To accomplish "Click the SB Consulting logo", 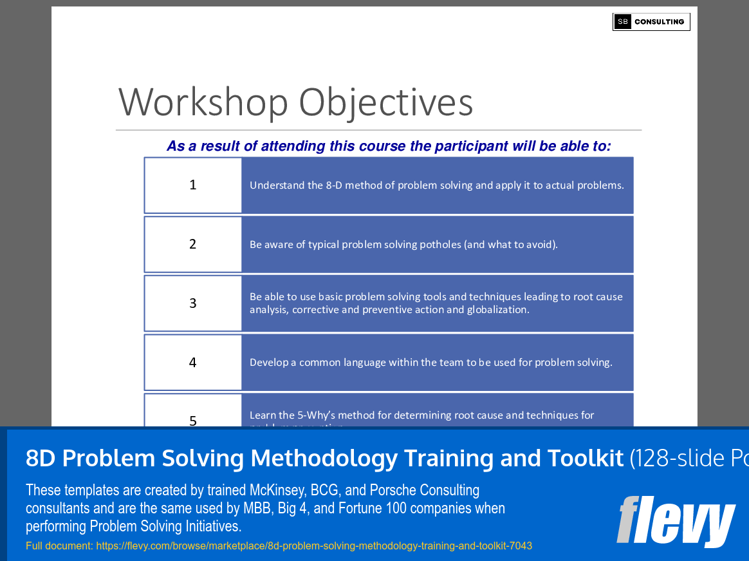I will [x=651, y=22].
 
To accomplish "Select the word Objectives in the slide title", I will [x=385, y=102].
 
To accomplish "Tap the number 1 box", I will [x=193, y=185].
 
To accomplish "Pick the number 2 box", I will [x=193, y=244].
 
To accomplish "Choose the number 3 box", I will [x=193, y=303].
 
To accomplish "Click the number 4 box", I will [x=193, y=362].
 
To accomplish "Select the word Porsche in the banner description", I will [x=396, y=490].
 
